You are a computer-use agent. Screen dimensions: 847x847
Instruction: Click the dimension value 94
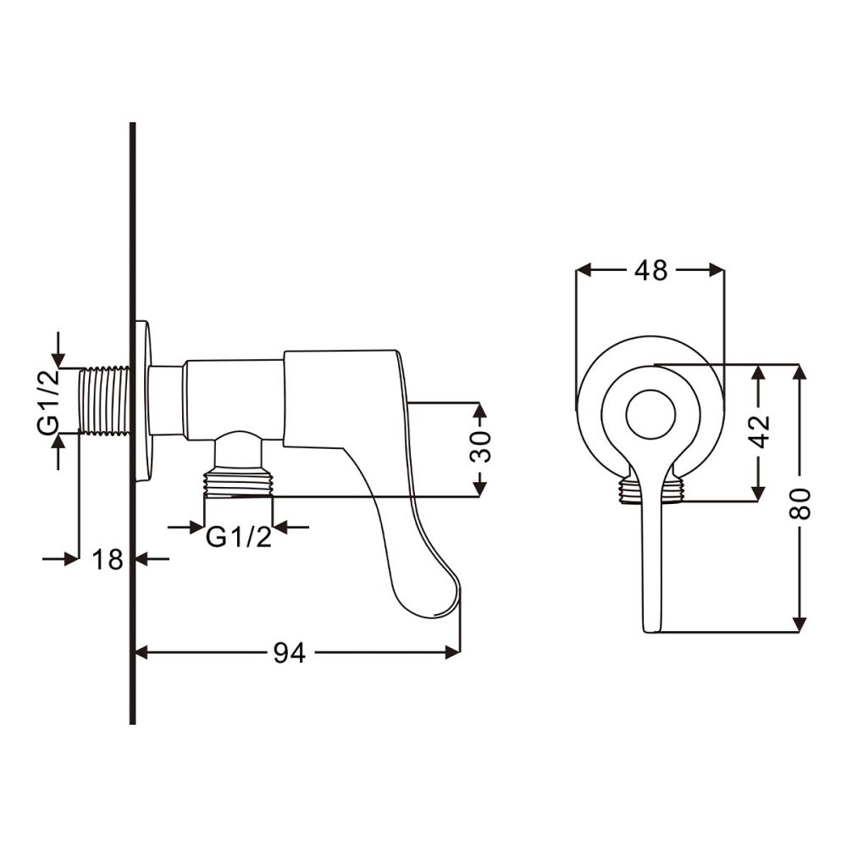click(289, 652)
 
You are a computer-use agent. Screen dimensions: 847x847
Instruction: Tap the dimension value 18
click(108, 559)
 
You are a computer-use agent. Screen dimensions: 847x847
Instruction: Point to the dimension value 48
click(650, 270)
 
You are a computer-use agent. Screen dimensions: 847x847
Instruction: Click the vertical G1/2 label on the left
click(48, 401)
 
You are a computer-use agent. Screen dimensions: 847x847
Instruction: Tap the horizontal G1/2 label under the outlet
click(239, 537)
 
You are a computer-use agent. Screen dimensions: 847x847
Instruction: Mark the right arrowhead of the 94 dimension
click(455, 652)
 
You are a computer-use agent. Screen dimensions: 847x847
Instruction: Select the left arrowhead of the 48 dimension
click(583, 270)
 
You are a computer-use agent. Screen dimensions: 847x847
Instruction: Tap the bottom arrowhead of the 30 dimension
click(479, 489)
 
